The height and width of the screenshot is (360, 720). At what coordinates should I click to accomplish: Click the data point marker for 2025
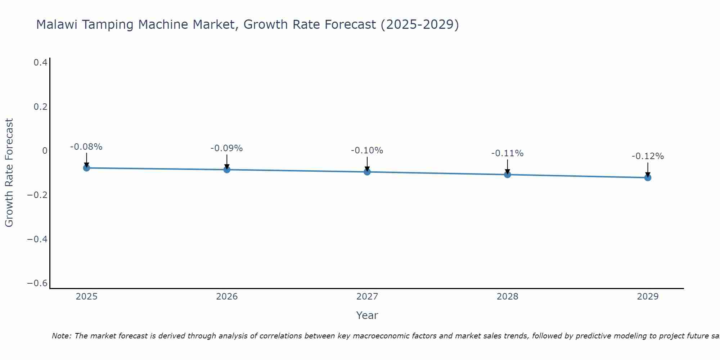[86, 168]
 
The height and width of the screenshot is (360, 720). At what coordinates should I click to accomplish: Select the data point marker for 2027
[367, 172]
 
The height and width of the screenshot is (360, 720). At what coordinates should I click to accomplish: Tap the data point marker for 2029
[648, 177]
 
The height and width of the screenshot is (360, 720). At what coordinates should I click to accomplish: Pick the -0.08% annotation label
[86, 147]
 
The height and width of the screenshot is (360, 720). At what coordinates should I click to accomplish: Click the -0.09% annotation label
[227, 148]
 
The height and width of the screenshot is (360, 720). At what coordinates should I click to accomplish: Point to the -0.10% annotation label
[367, 150]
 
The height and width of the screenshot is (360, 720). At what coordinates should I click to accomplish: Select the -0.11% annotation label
[507, 153]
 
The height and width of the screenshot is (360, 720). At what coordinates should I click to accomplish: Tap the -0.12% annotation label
[648, 156]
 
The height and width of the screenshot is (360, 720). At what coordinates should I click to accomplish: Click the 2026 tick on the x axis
[227, 297]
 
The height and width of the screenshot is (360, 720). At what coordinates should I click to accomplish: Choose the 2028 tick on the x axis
[507, 297]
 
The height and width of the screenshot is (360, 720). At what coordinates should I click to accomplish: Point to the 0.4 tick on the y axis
[40, 63]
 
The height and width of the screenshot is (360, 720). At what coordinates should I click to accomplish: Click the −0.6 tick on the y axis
[37, 283]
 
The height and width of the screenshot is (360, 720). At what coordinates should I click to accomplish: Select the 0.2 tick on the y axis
[40, 107]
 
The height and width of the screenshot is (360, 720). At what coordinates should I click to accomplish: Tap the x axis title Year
[367, 315]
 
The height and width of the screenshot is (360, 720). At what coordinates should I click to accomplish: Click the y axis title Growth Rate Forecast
[9, 173]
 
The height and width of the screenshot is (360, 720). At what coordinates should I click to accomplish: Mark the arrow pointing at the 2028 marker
[507, 166]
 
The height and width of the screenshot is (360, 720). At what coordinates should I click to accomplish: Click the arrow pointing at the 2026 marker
[227, 161]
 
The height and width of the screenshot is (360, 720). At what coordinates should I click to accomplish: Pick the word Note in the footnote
[61, 336]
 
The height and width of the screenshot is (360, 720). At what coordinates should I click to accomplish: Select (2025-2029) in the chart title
[419, 24]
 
